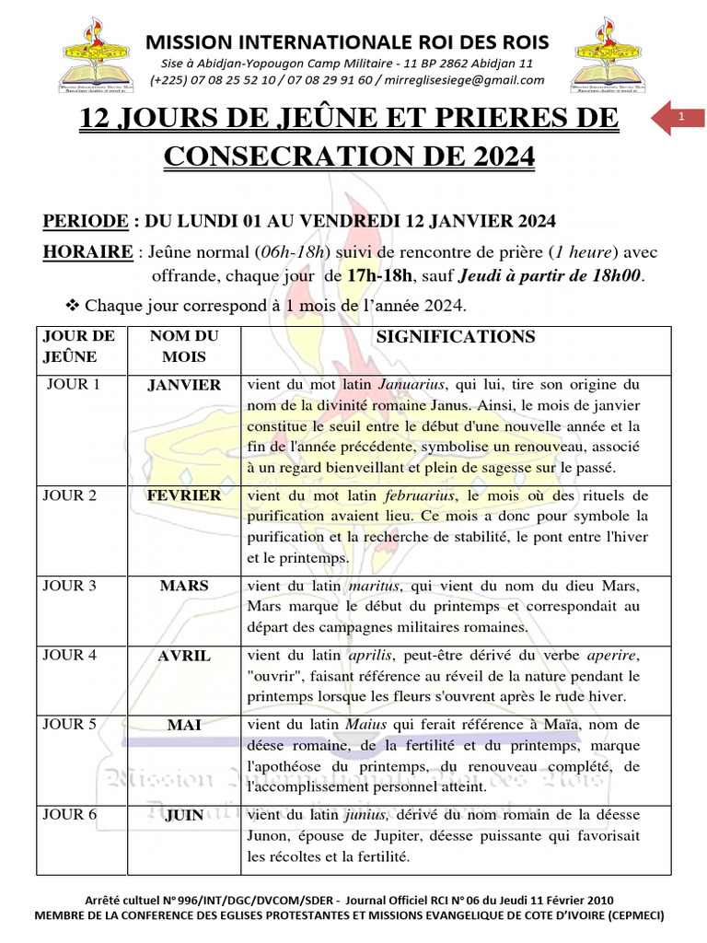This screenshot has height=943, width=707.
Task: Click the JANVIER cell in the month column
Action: click(x=184, y=385)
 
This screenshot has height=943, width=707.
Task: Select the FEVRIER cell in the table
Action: click(x=184, y=495)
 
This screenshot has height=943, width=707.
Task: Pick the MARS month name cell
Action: click(x=184, y=585)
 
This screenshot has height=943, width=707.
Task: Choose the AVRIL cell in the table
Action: click(x=184, y=656)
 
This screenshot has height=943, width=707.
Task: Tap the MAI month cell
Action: click(x=184, y=726)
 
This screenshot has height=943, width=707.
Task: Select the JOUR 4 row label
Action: click(x=70, y=656)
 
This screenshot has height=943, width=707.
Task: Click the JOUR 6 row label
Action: click(x=70, y=814)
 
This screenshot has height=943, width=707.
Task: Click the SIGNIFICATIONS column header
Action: click(x=456, y=338)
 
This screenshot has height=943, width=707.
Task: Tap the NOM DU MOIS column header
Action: click(x=184, y=346)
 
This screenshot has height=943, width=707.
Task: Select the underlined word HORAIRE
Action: click(x=87, y=253)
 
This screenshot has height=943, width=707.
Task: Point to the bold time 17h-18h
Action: click(x=378, y=275)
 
